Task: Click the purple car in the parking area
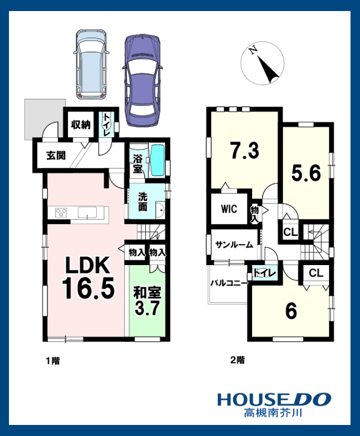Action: tap(142, 80)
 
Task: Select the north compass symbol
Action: tap(262, 64)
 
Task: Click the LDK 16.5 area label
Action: tap(88, 278)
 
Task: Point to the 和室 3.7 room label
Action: tap(147, 301)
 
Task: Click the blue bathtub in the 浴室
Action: tap(157, 160)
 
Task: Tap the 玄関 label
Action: tap(56, 155)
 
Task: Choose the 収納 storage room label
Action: tap(81, 125)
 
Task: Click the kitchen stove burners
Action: tap(62, 212)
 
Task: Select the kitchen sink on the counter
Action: tap(87, 212)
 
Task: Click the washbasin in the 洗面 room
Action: tap(160, 210)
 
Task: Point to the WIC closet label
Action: tap(229, 209)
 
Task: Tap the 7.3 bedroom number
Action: tap(245, 150)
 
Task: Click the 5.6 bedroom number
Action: tap(306, 173)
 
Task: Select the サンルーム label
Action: tap(234, 245)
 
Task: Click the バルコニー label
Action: tap(229, 283)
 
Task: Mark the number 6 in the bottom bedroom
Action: tap(291, 311)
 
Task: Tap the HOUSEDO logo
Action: tap(274, 399)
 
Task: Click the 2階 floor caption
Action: tap(237, 360)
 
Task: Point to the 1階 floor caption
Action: tap(53, 361)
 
